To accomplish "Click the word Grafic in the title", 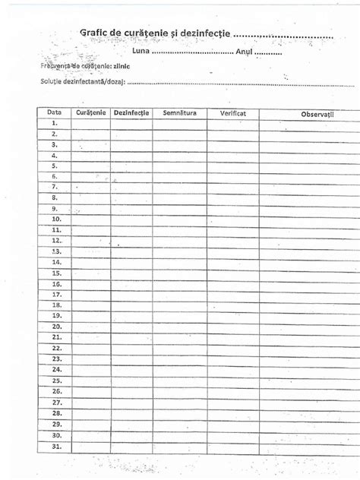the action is click(96, 32).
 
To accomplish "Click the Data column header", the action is click(54, 112).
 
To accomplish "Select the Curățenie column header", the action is click(90, 112).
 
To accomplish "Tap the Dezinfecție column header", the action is click(131, 112).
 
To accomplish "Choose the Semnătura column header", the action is click(179, 112).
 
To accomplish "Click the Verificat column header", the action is click(232, 112).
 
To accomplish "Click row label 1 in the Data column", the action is click(55, 122).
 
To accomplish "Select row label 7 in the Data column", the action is click(55, 186).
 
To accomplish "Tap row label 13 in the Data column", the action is click(55, 251).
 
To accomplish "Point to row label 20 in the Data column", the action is click(55, 326).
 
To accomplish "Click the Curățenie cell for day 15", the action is click(90, 273).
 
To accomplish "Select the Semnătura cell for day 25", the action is click(179, 381).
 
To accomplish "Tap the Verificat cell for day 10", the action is click(232, 219).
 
